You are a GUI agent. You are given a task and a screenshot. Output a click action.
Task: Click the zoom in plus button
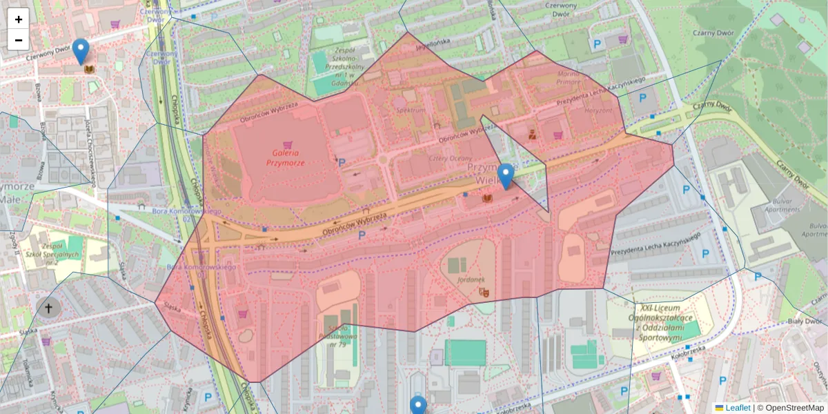(19, 19)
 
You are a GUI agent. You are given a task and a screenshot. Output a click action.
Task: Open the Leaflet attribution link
(737, 408)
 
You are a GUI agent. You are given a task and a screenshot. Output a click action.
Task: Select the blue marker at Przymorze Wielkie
(506, 175)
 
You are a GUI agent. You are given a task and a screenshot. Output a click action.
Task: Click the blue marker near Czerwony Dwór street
(81, 51)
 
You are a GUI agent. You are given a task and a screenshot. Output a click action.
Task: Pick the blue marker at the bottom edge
(418, 406)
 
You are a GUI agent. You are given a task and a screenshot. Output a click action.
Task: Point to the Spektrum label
(411, 110)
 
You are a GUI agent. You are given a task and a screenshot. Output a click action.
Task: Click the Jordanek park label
(471, 279)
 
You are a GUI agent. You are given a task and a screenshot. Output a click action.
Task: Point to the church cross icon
(48, 307)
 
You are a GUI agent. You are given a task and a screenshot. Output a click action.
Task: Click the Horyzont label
(598, 110)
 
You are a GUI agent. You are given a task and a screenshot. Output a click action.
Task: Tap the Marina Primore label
(569, 77)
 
